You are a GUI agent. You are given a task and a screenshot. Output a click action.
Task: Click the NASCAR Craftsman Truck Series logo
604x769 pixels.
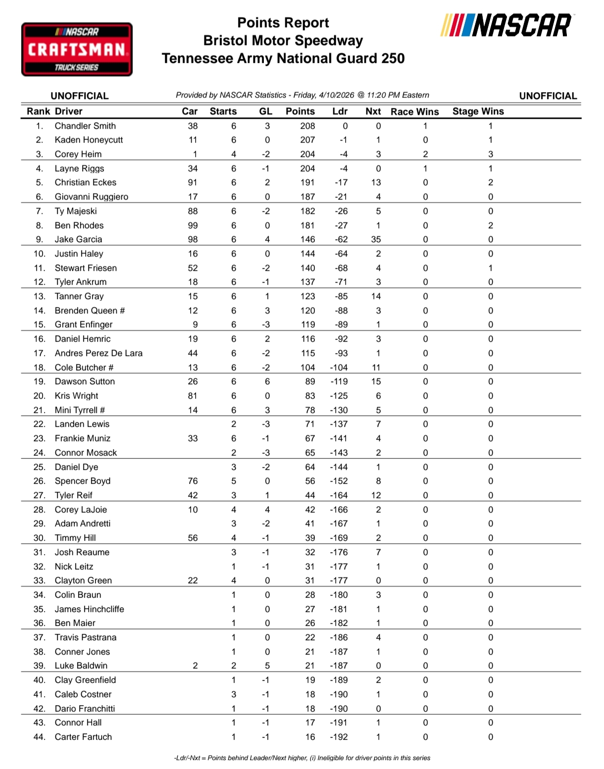click(x=77, y=50)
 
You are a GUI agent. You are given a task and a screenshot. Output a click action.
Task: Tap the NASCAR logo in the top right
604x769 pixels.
click(x=506, y=25)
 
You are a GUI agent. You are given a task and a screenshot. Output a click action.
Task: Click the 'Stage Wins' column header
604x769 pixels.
click(x=478, y=111)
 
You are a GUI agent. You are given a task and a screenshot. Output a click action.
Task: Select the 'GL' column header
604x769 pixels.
click(x=265, y=111)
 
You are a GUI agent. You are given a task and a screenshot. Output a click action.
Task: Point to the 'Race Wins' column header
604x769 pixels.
click(x=414, y=111)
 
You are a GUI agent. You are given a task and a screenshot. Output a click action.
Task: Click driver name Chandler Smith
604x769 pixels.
click(x=85, y=126)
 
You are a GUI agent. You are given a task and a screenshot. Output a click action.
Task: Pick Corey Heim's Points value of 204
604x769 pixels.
click(x=307, y=154)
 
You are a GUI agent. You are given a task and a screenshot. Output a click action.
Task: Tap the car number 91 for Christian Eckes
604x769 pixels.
click(x=193, y=182)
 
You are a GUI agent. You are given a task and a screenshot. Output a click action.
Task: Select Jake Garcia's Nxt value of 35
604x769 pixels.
click(x=376, y=239)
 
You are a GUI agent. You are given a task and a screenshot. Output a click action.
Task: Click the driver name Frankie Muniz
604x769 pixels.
click(x=82, y=438)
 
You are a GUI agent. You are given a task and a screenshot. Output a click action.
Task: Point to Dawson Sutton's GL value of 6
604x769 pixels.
click(x=267, y=381)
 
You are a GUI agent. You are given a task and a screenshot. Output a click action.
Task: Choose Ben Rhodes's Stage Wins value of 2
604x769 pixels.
click(x=490, y=225)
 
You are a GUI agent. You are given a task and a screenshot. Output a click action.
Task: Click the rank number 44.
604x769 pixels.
click(x=40, y=737)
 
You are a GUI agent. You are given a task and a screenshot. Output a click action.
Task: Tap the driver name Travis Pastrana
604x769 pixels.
click(x=85, y=637)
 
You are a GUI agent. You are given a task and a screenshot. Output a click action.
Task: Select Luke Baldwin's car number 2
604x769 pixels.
click(x=195, y=666)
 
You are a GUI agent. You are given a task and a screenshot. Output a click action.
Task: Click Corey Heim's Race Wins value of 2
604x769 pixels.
click(x=425, y=154)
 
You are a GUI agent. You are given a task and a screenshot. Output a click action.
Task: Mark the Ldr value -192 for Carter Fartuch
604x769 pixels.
click(x=339, y=737)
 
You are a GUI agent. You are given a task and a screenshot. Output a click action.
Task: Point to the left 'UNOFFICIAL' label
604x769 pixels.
click(x=79, y=96)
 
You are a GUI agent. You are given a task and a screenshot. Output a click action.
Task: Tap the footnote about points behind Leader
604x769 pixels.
click(x=302, y=758)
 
